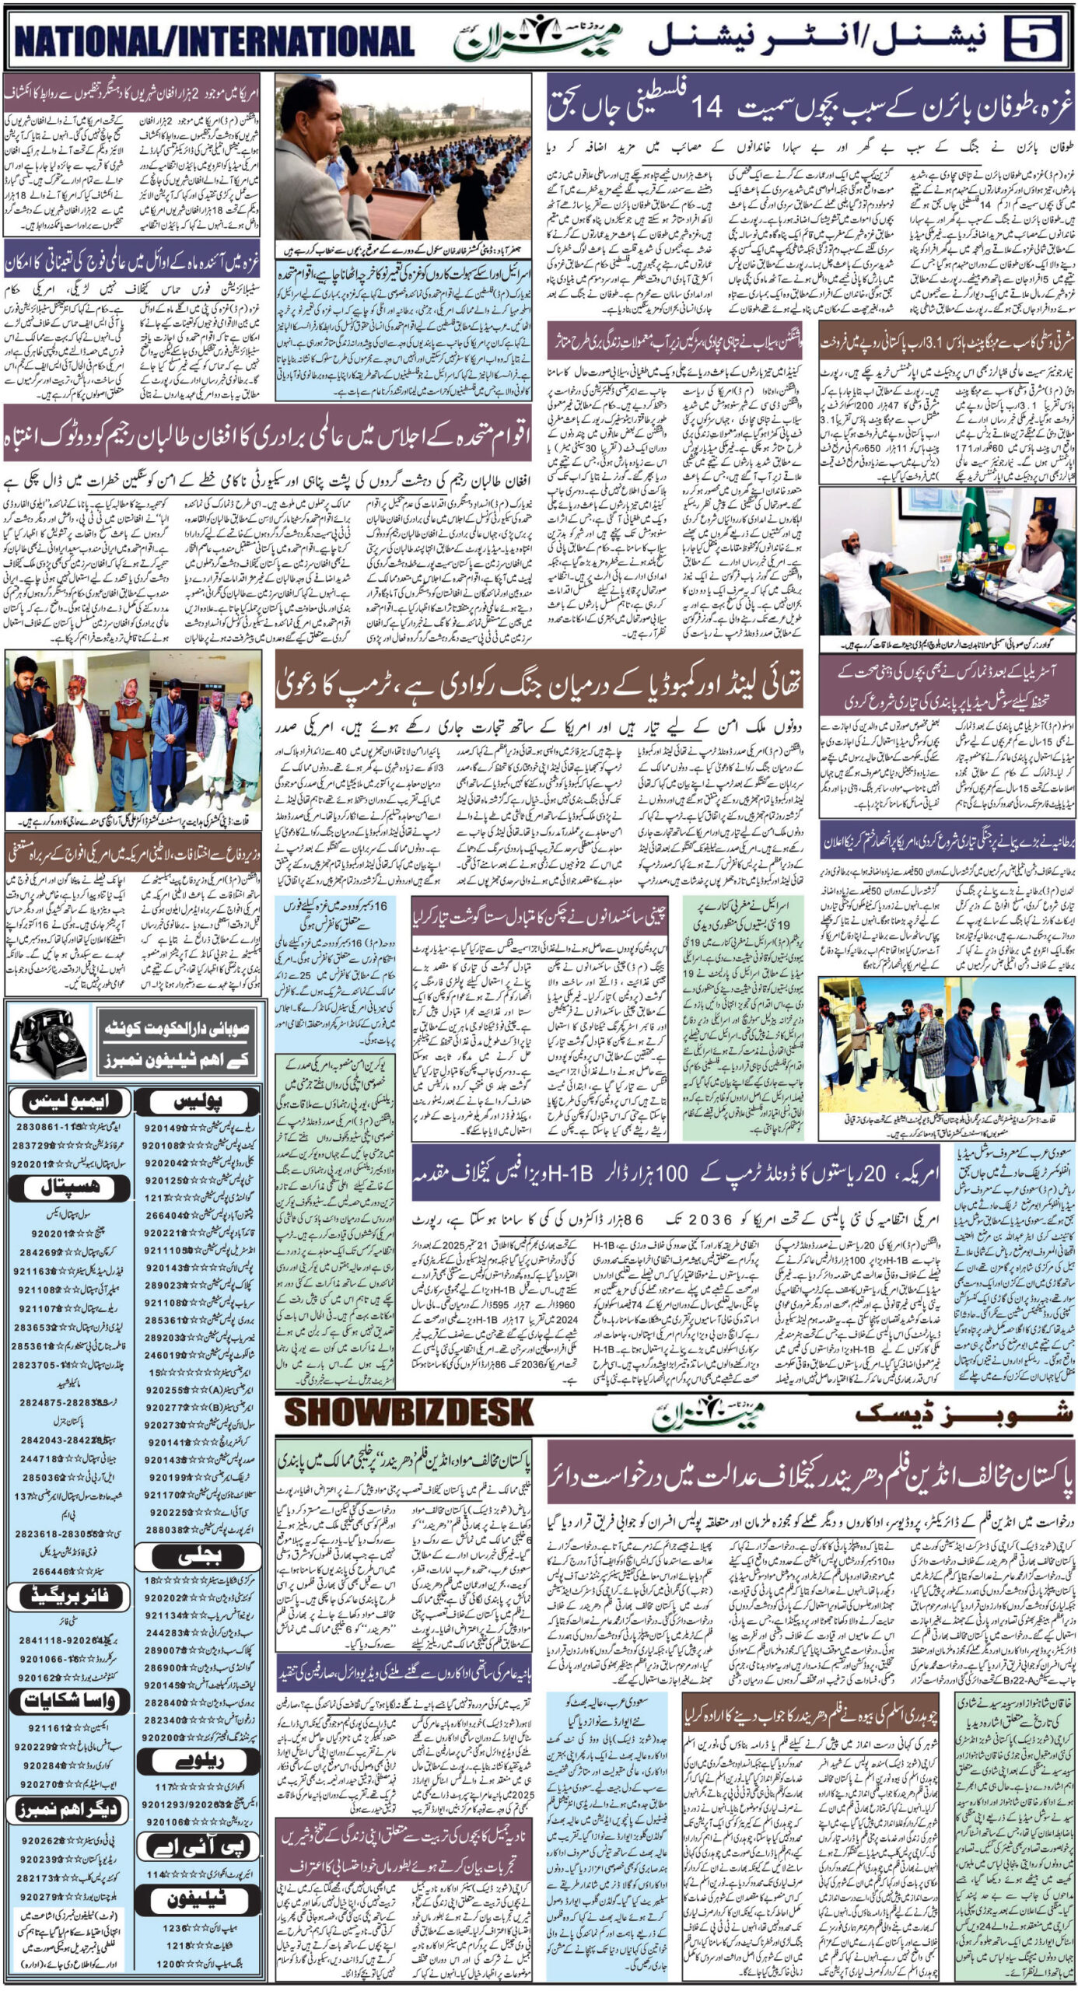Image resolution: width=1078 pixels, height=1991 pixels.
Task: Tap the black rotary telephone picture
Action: (x=48, y=1043)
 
